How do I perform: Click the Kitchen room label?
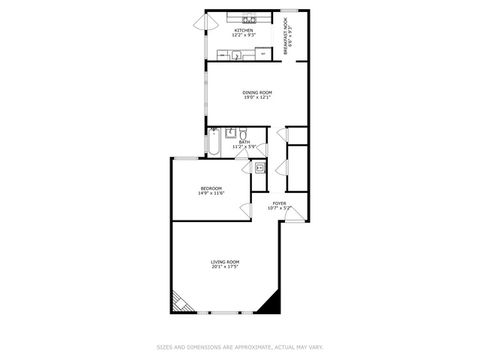243,30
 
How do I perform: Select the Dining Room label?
257,92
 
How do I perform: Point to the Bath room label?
244,143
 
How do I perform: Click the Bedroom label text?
210,188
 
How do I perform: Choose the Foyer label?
280,203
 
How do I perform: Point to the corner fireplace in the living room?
179,301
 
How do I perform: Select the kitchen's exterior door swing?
212,20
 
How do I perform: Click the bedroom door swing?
245,210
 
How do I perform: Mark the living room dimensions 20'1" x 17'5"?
225,267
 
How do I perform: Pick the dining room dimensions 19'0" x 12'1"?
257,98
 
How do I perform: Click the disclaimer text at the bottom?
240,348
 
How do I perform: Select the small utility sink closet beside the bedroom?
259,168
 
